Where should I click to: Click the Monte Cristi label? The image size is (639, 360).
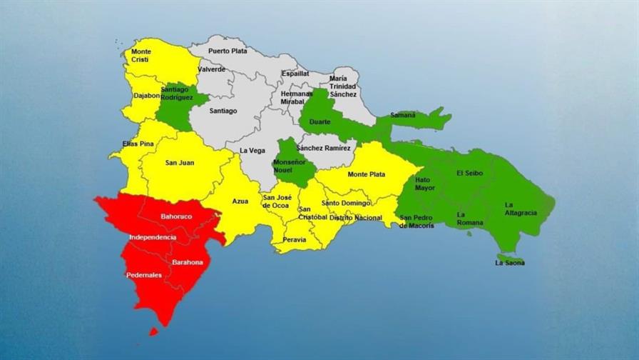(141, 56)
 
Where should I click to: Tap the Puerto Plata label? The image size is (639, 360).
(228, 51)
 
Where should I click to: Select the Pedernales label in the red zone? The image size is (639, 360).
(143, 275)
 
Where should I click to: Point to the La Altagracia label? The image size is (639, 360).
(519, 209)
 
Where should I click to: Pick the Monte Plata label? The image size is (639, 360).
(367, 174)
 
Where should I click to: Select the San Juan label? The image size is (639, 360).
(180, 162)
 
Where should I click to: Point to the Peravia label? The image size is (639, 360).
(294, 239)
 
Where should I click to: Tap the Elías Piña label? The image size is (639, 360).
(138, 144)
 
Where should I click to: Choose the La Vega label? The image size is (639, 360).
(251, 150)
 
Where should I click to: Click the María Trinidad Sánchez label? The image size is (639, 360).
(343, 86)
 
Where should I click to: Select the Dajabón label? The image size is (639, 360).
(146, 96)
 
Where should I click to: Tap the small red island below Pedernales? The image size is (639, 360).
(153, 331)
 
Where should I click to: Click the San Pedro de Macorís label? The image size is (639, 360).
(416, 221)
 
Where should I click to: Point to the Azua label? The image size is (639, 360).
(240, 201)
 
